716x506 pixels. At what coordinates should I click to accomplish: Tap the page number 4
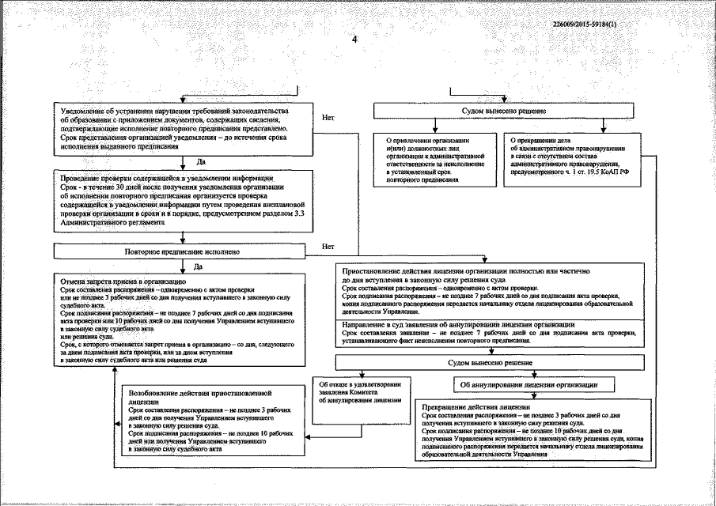click(354, 39)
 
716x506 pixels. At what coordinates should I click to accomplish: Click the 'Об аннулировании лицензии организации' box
click(535, 384)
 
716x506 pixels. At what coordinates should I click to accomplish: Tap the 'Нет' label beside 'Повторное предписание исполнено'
click(329, 246)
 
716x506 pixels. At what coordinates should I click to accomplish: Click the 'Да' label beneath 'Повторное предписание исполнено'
click(189, 265)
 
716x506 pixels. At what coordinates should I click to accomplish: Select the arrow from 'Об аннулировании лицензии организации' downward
click(534, 396)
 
